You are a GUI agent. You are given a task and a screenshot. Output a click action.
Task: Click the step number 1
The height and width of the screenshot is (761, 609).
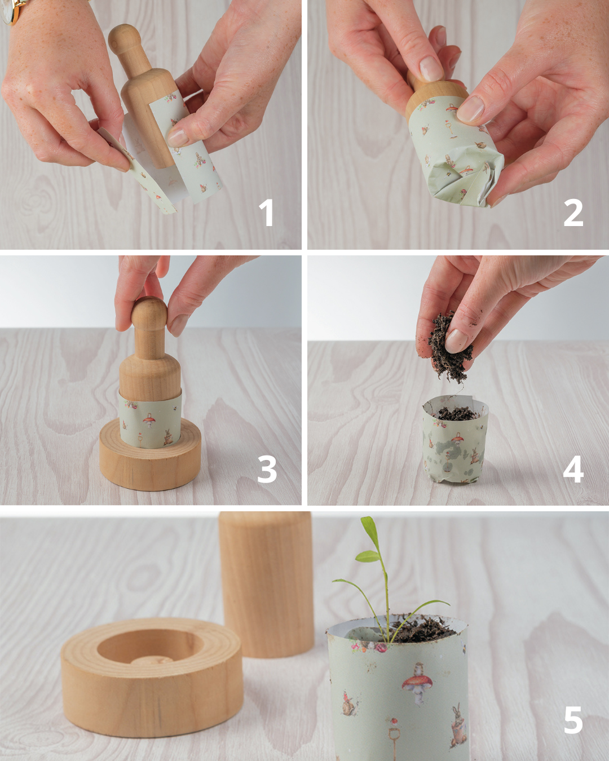point(266,213)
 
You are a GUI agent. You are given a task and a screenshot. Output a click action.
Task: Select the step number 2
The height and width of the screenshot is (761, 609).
point(573,213)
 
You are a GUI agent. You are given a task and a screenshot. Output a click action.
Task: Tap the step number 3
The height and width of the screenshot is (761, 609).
point(267,469)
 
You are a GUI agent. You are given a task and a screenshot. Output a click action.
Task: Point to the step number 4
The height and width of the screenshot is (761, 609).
point(573,469)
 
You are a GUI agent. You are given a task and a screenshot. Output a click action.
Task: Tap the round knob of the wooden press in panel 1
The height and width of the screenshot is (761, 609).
point(125,38)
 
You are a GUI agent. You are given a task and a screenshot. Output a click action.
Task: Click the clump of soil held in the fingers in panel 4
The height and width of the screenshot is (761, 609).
point(449,348)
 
